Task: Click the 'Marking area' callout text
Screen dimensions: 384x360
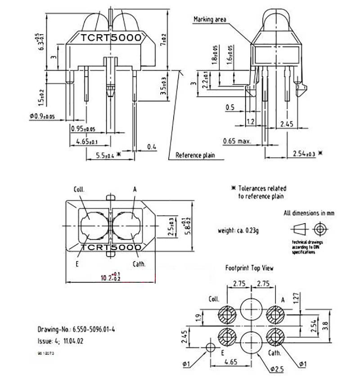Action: (210, 19)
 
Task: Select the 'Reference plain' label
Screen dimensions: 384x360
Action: (195, 155)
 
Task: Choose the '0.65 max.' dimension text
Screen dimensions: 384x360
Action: (237, 141)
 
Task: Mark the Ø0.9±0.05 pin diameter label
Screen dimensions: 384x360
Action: (42, 117)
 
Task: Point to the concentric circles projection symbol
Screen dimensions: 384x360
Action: (320, 229)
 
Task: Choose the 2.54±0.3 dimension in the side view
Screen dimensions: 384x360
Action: (305, 154)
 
